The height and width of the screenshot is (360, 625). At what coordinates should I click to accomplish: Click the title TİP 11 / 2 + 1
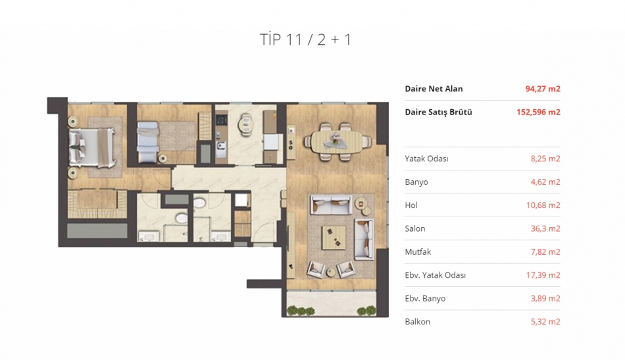click(305, 39)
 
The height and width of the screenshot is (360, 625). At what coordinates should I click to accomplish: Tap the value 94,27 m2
click(543, 88)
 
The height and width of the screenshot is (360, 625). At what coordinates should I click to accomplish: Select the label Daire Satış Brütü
click(438, 112)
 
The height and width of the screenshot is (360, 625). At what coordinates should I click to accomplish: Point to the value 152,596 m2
click(538, 112)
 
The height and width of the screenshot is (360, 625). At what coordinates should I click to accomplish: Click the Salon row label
click(415, 228)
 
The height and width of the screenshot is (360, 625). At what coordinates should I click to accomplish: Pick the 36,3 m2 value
click(545, 228)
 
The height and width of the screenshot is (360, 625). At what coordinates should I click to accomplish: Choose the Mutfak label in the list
click(418, 251)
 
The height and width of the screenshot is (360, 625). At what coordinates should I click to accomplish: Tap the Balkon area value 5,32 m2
click(545, 321)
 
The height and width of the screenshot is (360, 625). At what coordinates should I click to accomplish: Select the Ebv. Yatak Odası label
click(436, 275)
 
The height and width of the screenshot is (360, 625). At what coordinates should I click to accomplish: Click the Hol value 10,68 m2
click(543, 205)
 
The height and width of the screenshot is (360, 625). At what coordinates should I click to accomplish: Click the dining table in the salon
click(337, 141)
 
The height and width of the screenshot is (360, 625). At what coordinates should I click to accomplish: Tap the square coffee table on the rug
click(334, 238)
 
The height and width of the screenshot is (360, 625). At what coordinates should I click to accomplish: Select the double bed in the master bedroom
click(92, 147)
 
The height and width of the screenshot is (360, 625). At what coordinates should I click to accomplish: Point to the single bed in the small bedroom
click(148, 142)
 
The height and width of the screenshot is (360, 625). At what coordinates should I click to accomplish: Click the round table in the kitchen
click(245, 125)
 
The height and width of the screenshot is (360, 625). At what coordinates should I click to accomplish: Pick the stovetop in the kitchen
click(220, 120)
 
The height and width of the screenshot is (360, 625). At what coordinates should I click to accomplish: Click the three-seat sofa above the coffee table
click(331, 205)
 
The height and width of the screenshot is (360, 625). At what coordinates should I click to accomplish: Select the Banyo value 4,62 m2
click(545, 182)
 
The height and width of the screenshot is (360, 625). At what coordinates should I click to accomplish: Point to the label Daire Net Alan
click(434, 88)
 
